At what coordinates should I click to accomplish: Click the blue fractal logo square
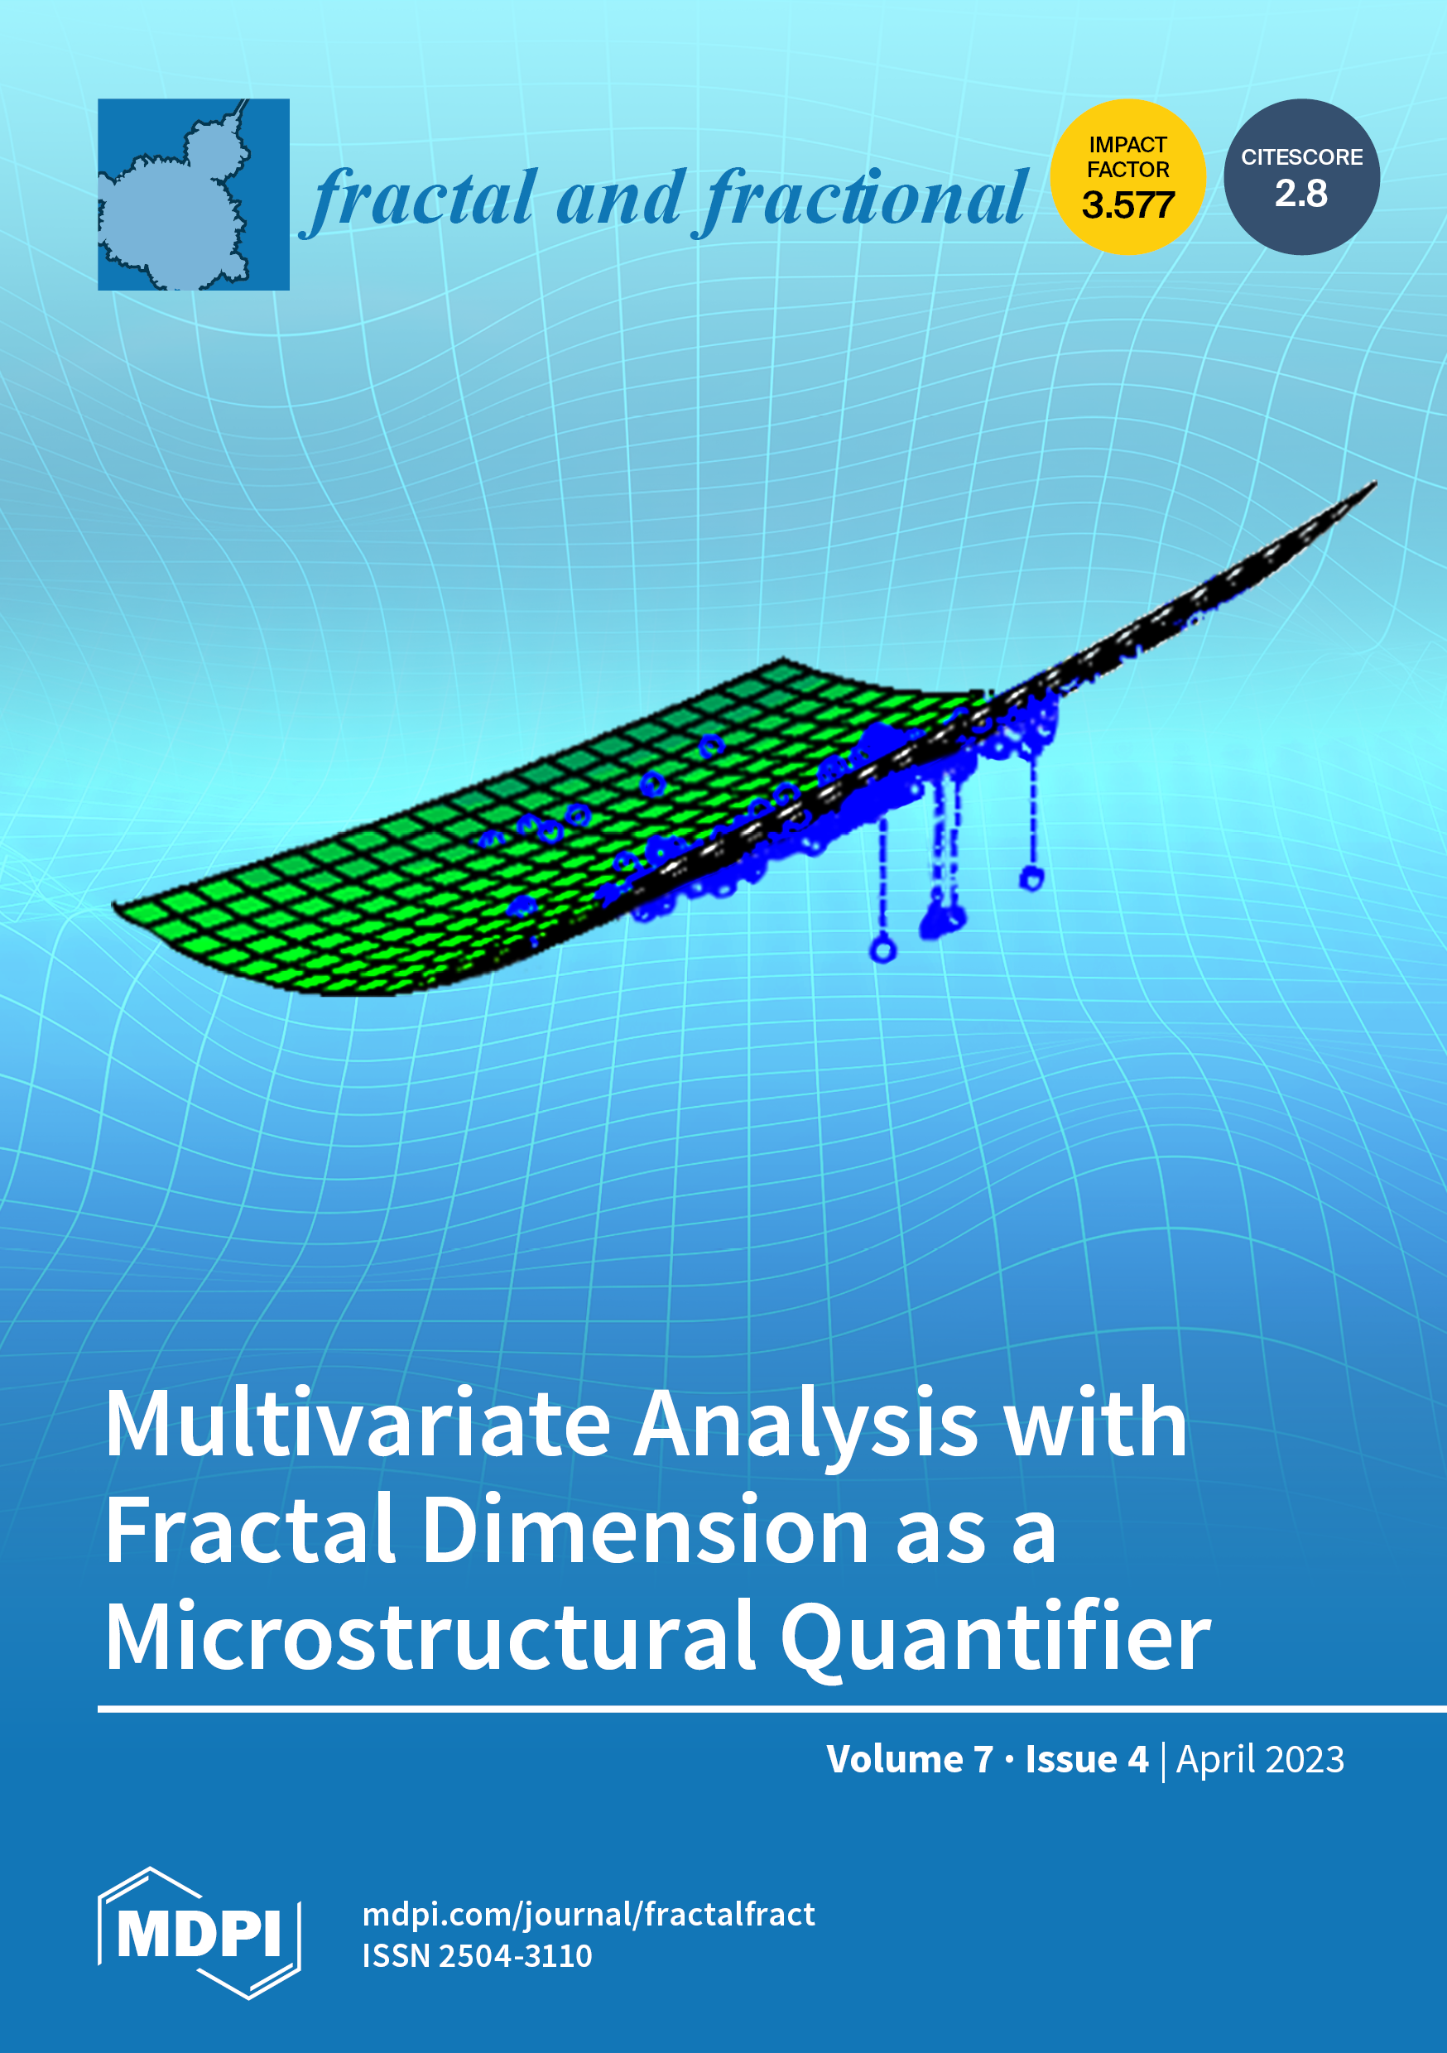click(x=193, y=194)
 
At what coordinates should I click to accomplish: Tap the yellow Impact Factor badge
click(x=1127, y=177)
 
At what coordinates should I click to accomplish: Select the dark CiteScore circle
click(x=1301, y=177)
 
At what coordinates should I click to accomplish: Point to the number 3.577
click(x=1127, y=205)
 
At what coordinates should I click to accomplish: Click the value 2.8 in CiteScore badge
click(x=1301, y=193)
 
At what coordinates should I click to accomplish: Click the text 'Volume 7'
click(x=910, y=1759)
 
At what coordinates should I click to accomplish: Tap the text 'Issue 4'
click(x=1087, y=1759)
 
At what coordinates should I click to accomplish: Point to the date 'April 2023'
click(x=1260, y=1760)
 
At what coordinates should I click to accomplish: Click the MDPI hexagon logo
click(x=199, y=1933)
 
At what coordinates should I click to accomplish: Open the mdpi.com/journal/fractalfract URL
click(x=589, y=1915)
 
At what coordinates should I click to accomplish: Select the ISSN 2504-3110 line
click(x=477, y=1955)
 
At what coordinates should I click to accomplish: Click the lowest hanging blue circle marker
click(x=882, y=948)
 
